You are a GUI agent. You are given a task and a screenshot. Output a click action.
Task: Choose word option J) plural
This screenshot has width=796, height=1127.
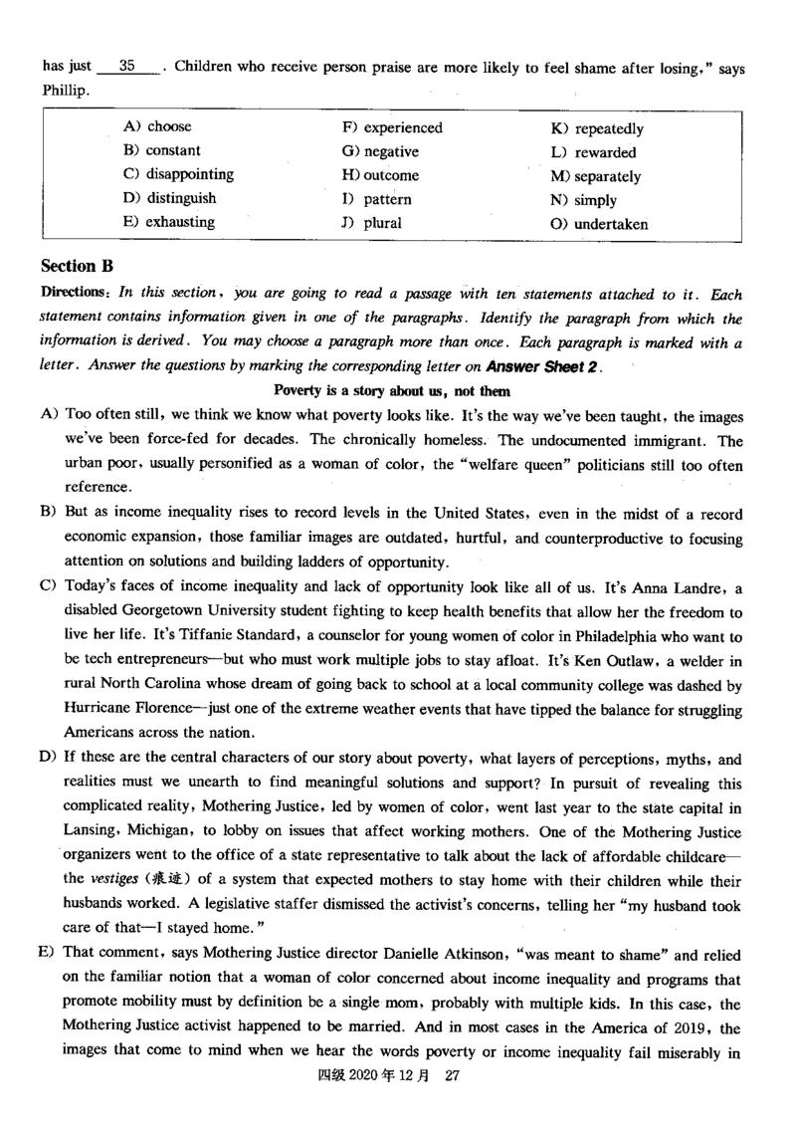371,223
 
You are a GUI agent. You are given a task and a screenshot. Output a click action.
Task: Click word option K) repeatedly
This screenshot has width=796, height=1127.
597,128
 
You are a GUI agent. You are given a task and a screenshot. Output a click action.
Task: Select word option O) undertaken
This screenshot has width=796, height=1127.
599,224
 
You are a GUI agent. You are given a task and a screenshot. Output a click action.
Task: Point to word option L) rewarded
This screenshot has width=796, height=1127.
593,152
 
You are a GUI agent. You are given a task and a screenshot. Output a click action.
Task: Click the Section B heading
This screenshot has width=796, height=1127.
78,266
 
